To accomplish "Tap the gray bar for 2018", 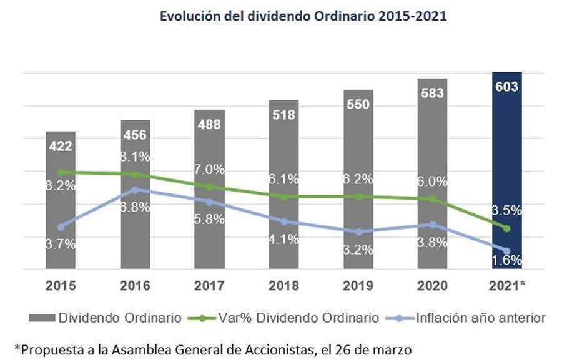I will click(283, 187).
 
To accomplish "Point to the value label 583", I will click(432, 94).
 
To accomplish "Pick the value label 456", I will click(135, 135).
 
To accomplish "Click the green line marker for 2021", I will click(506, 228).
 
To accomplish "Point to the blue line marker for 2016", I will click(135, 189).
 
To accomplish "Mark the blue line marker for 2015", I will click(61, 226).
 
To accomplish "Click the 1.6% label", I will click(506, 260).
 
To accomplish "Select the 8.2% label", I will click(61, 185).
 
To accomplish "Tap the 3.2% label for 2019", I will click(358, 250).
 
